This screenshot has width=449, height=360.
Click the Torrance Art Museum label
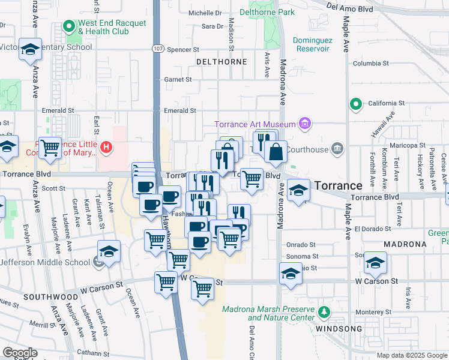(256, 124)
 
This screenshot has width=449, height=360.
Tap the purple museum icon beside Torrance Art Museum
(305, 124)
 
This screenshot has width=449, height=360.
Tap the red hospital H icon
(106, 146)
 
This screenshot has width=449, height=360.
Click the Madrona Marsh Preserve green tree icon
(325, 312)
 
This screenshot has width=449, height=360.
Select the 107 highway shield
(156, 49)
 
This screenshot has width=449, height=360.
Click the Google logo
(20, 352)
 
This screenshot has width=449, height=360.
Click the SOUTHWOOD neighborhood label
(51, 297)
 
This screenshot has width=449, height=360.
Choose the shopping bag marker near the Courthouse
(276, 153)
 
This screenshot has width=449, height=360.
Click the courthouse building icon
(337, 148)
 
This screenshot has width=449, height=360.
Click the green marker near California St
(356, 104)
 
